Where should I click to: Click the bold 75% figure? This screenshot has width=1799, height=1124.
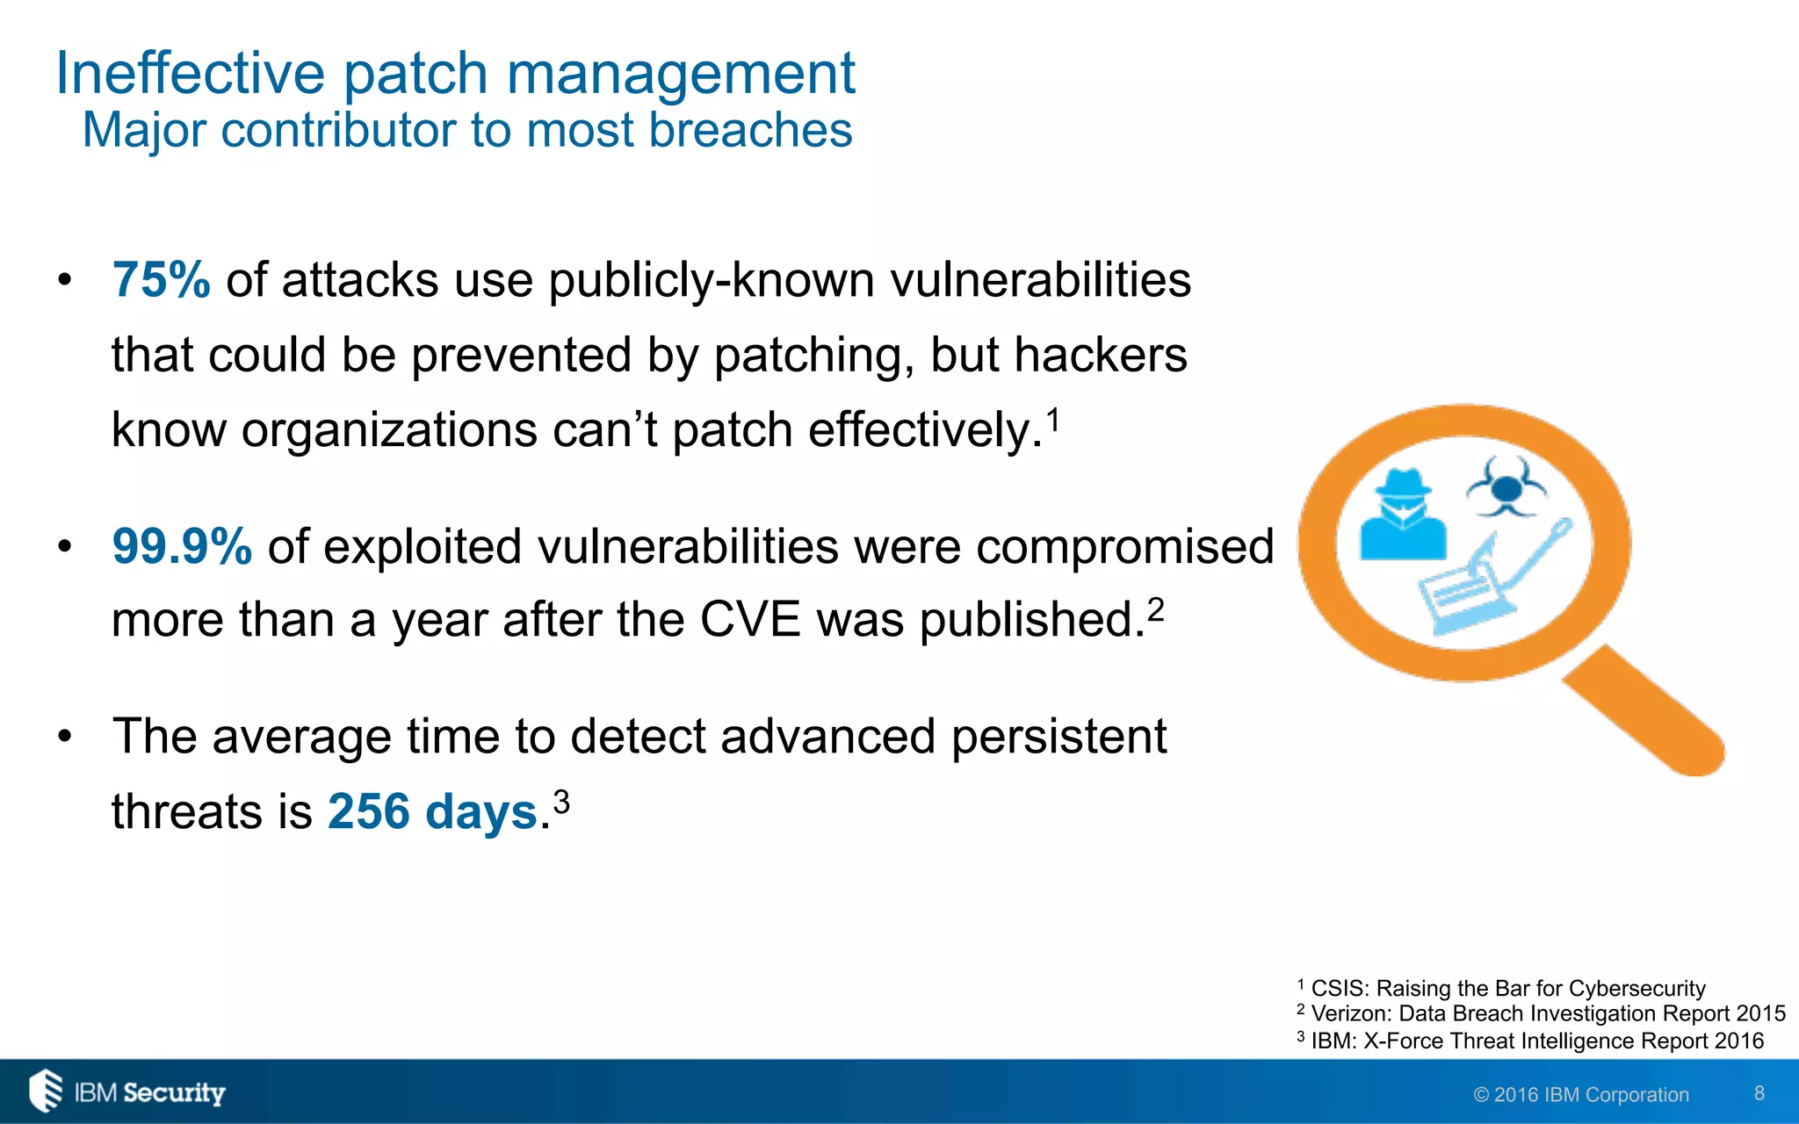(x=161, y=281)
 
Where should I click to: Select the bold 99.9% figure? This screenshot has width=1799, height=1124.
(x=182, y=547)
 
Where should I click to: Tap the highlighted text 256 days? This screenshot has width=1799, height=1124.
(x=432, y=812)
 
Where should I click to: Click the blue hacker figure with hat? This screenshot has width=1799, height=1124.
(x=1403, y=516)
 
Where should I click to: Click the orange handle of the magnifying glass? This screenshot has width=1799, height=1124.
(x=1643, y=710)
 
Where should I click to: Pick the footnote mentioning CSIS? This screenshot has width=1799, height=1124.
(x=1502, y=989)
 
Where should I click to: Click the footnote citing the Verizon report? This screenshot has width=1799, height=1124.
(x=1542, y=1014)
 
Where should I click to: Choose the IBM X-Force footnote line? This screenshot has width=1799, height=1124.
(x=1530, y=1041)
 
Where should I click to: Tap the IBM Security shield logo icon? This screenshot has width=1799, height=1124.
(x=46, y=1091)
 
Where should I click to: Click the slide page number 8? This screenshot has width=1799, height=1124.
(x=1759, y=1093)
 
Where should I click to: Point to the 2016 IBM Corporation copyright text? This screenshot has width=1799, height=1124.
(x=1581, y=1095)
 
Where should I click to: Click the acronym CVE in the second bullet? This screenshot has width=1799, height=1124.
(x=750, y=620)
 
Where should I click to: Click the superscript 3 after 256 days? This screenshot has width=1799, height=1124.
(x=561, y=801)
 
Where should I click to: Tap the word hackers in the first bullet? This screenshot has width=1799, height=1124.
(x=1100, y=356)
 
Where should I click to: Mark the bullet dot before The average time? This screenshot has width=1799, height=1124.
(x=64, y=737)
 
